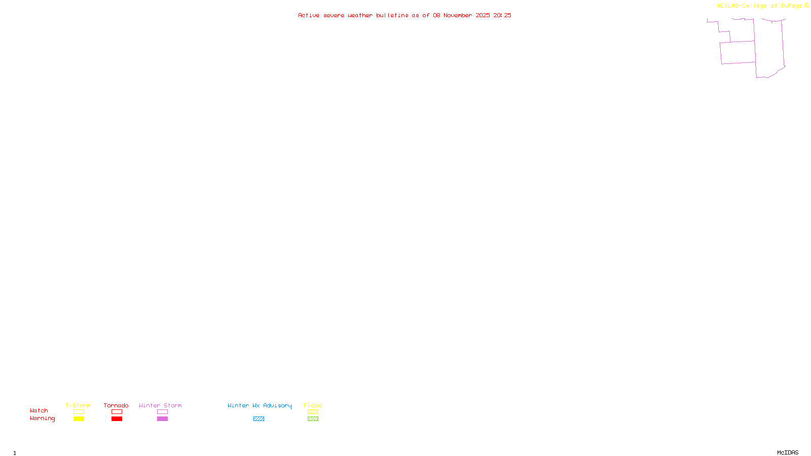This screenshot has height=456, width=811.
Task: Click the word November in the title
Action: click(x=458, y=16)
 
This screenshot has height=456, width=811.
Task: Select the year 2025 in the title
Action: click(x=483, y=16)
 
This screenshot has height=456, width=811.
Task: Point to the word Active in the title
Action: click(x=309, y=16)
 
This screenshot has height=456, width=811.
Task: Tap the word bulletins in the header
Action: click(x=392, y=16)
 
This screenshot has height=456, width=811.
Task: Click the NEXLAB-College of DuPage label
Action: click(x=759, y=6)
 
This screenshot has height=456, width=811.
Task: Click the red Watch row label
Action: click(x=39, y=411)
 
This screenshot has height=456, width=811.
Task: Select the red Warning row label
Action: click(x=42, y=419)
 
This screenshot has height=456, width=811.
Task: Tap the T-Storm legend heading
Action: click(x=78, y=405)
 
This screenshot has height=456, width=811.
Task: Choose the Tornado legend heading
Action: click(x=116, y=405)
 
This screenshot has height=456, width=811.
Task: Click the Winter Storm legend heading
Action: click(x=160, y=405)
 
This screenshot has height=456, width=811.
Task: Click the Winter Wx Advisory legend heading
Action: click(x=260, y=405)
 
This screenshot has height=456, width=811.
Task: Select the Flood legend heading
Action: click(x=313, y=405)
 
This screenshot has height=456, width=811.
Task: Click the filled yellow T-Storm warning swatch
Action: click(x=79, y=419)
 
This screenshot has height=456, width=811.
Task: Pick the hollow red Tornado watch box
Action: click(x=117, y=412)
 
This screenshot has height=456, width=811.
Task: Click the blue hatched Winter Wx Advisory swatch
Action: click(x=259, y=419)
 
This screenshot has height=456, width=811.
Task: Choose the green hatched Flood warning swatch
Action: click(x=313, y=419)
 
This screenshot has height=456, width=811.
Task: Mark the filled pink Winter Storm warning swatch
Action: click(x=162, y=419)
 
